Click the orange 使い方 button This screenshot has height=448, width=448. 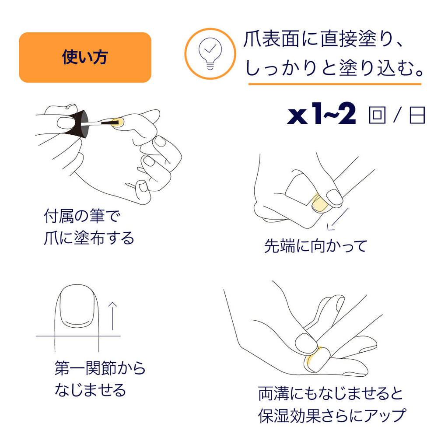tap(85, 57)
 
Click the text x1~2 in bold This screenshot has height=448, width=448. tap(322, 116)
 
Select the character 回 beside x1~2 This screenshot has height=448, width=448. tap(377, 116)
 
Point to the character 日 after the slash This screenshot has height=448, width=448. tap(417, 116)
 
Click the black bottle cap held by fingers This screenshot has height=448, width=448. tap(77, 123)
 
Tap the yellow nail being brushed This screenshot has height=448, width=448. tap(116, 121)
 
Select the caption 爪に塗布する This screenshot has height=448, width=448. tap(89, 238)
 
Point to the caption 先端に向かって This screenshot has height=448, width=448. tap(315, 246)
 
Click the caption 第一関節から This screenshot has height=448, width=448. tap(100, 368)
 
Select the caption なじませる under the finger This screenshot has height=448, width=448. tap(90, 389)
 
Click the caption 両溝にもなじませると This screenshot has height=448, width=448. tap(330, 393)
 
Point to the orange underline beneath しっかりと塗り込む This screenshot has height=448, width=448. tap(335, 84)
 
